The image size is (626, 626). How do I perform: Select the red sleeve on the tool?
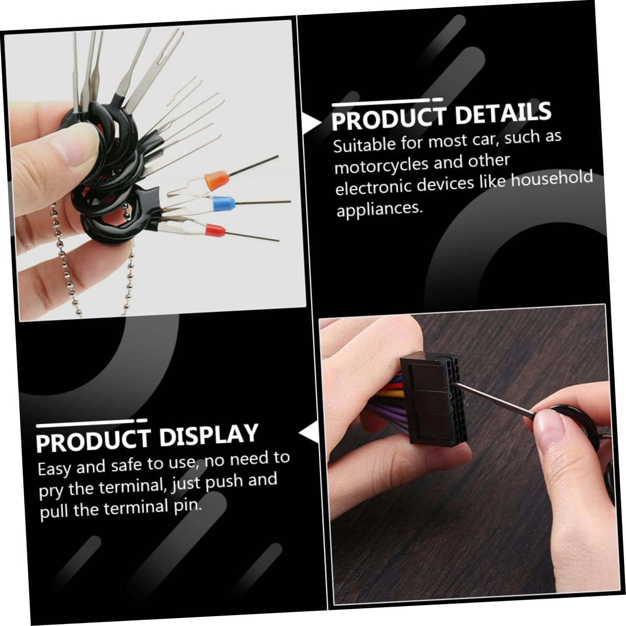pos(215,231)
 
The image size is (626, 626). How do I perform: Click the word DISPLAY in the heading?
pos(209,435)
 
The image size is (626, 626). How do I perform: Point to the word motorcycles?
pos(380,165)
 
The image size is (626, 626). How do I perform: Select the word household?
pos(552,178)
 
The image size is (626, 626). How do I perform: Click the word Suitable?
pos(365,145)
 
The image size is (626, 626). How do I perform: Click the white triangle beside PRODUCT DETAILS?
pos(311,123)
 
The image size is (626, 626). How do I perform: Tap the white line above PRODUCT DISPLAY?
pos(92,422)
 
